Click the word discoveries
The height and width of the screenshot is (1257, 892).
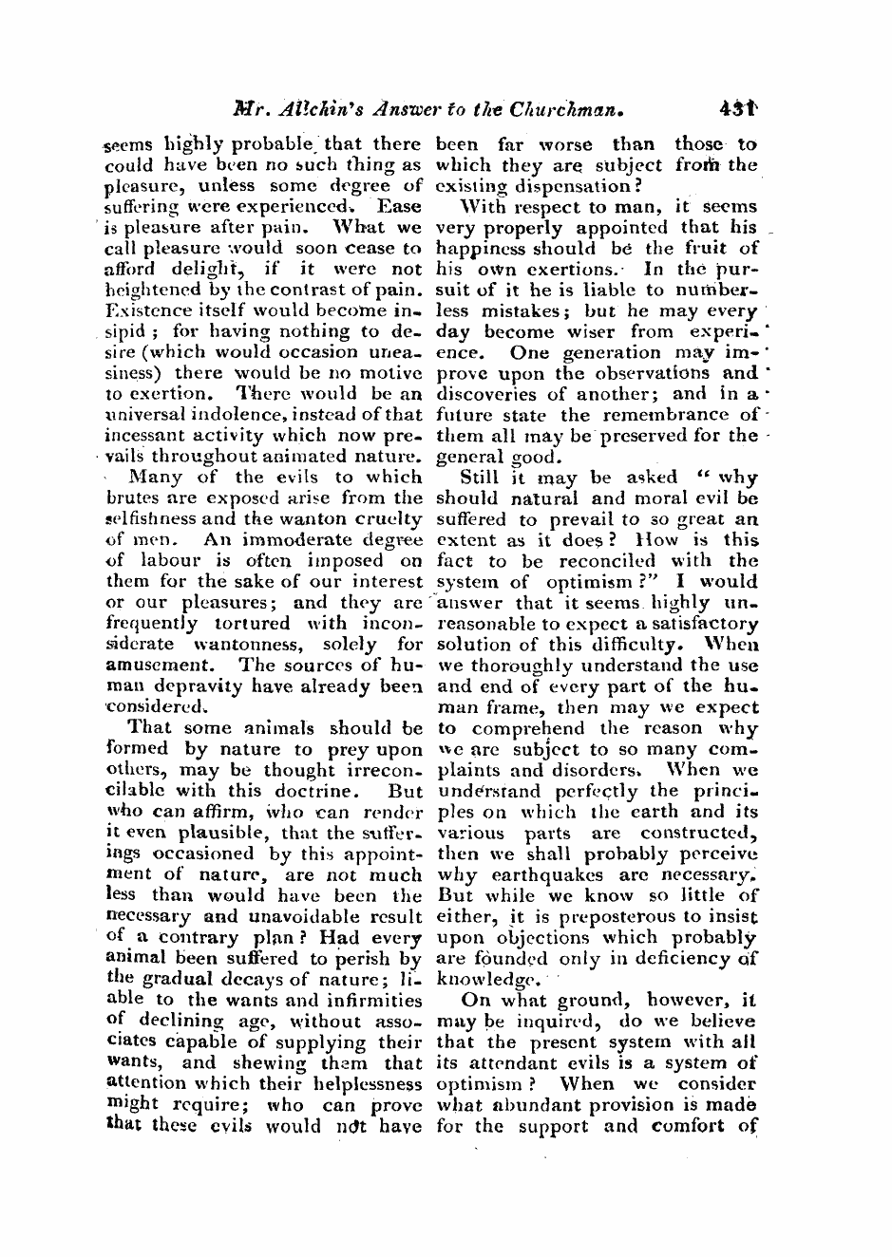tap(487, 394)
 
